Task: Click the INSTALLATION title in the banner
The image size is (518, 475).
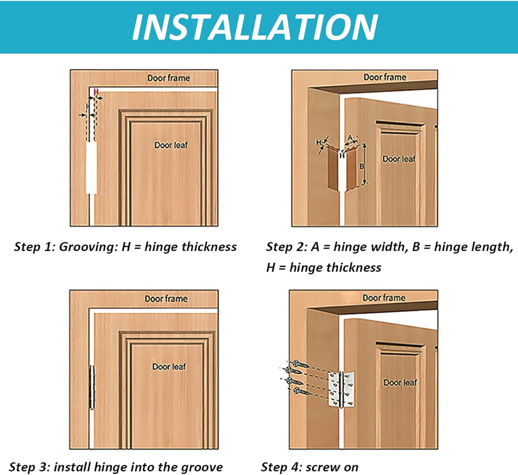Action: [x=255, y=27]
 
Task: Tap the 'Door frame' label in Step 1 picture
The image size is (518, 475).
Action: [x=168, y=78]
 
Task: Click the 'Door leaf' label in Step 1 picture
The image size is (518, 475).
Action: [x=171, y=145]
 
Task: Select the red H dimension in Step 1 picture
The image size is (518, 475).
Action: [x=96, y=92]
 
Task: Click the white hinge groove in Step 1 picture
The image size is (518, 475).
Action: [x=91, y=167]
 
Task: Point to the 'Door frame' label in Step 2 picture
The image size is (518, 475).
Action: [x=385, y=77]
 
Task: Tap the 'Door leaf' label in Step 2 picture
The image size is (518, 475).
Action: [x=399, y=159]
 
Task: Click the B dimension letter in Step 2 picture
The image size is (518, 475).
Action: [x=361, y=166]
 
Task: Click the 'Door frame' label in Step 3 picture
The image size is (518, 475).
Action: [x=166, y=298]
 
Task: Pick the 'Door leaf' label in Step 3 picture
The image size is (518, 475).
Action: [x=169, y=367]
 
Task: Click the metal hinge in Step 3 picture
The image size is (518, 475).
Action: [x=92, y=387]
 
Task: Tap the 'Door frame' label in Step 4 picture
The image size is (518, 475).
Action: [x=384, y=298]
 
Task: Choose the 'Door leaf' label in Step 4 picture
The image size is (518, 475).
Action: [x=400, y=383]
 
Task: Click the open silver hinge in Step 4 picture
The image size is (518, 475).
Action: [x=341, y=390]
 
